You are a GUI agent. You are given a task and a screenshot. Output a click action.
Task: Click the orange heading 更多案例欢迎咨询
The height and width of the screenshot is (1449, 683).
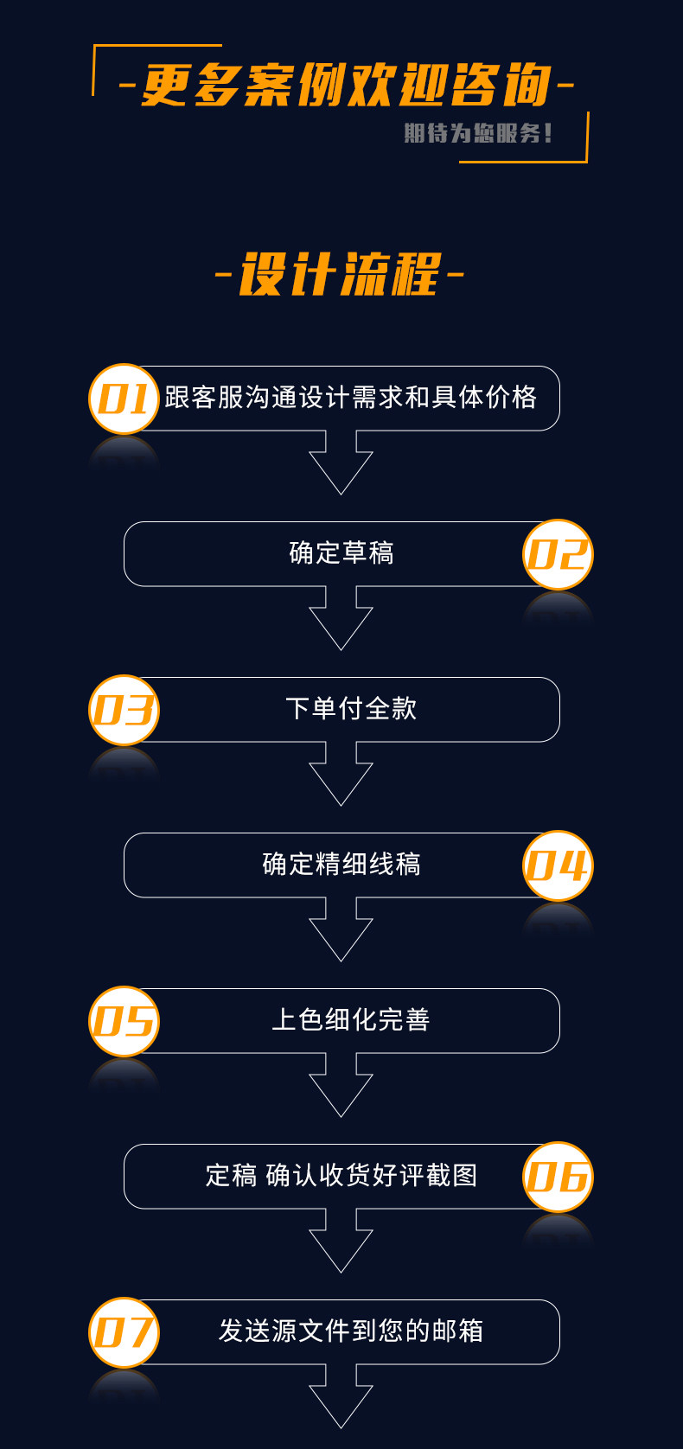(346, 86)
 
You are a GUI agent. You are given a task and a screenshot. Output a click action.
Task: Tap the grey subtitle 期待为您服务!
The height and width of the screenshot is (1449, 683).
(477, 133)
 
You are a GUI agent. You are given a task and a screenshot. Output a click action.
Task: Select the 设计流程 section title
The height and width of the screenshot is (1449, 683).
(340, 275)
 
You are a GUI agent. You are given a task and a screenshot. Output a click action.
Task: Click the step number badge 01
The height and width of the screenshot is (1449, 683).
(124, 399)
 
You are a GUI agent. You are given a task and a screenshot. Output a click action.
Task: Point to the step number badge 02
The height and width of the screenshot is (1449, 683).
(558, 554)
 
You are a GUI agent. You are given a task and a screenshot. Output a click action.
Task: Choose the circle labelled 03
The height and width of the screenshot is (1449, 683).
(124, 710)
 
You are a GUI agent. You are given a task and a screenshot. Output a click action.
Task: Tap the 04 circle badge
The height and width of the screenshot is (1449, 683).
(558, 865)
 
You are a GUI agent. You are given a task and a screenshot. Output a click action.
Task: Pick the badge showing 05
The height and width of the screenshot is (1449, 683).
(124, 1021)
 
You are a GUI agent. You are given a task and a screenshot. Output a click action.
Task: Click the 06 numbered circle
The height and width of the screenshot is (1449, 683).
(558, 1177)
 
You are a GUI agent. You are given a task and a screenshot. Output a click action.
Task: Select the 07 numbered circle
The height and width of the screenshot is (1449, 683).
(124, 1332)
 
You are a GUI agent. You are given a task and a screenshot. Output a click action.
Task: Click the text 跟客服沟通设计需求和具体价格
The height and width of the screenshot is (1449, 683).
(350, 398)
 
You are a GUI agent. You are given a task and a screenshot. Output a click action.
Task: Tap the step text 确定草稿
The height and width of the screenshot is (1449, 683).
(341, 553)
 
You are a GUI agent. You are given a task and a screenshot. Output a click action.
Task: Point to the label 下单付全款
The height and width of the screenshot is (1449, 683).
(351, 709)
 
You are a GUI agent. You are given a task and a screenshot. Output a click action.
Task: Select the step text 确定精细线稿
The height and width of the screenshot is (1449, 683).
(341, 865)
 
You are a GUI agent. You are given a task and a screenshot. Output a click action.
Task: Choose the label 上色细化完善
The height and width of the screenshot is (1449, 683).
(351, 1020)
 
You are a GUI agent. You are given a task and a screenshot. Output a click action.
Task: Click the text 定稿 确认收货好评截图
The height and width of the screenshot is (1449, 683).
(341, 1176)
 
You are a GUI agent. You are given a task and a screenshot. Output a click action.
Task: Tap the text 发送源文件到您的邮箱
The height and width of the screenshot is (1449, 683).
(351, 1331)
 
